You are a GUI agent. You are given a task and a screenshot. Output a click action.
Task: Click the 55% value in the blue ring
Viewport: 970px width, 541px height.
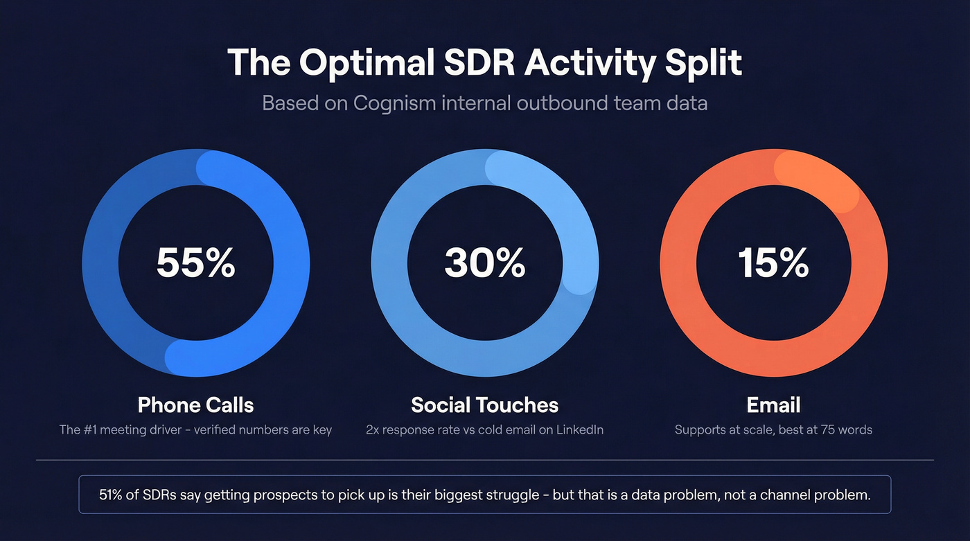click(195, 263)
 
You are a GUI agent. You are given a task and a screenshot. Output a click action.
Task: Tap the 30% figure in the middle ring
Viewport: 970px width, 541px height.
click(484, 263)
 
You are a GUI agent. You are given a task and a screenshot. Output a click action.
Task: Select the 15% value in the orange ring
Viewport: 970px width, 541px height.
click(773, 263)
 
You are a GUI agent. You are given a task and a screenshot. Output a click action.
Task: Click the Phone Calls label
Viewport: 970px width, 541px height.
click(195, 405)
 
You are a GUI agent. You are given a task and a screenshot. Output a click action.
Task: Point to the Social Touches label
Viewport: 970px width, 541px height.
click(484, 405)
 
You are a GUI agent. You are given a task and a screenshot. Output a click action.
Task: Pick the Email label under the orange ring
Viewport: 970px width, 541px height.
click(773, 405)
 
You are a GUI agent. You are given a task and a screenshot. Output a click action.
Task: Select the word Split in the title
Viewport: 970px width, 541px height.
click(703, 63)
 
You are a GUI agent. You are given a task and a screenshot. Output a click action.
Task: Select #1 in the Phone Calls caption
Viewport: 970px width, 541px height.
click(96, 430)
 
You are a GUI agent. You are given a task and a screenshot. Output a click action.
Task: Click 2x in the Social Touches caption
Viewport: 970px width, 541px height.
click(373, 430)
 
